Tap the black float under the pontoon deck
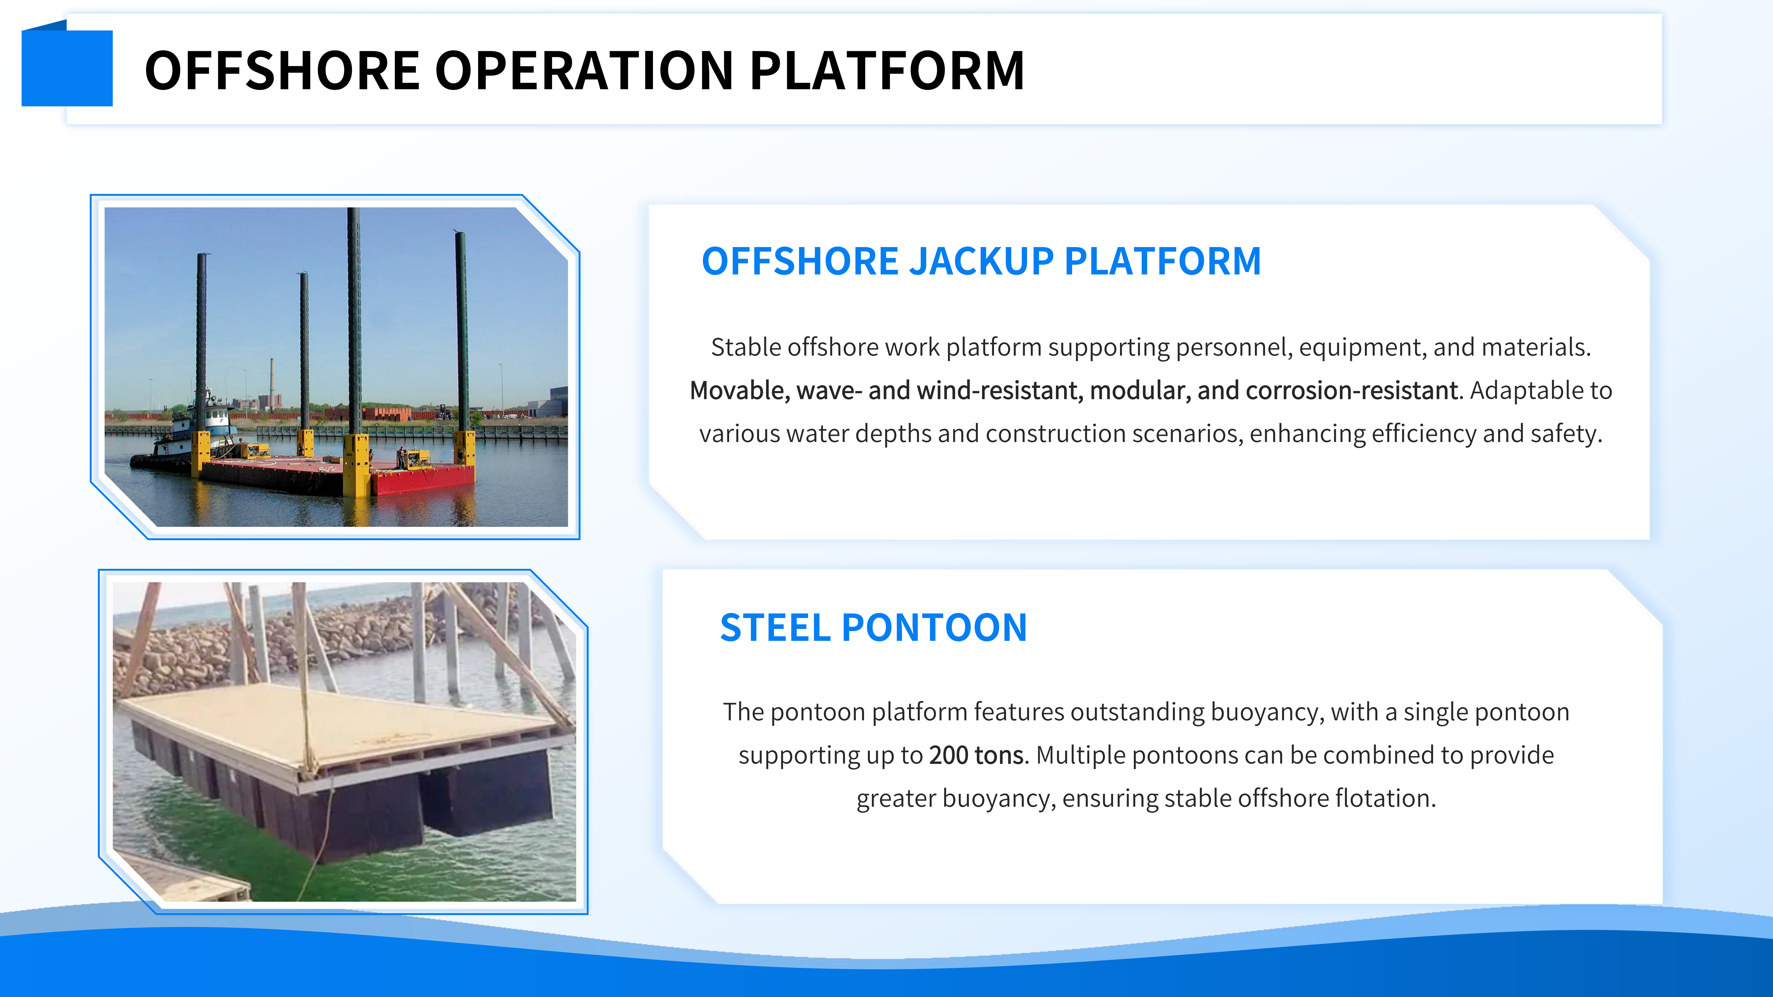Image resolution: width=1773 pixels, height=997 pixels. pos(489,798)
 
